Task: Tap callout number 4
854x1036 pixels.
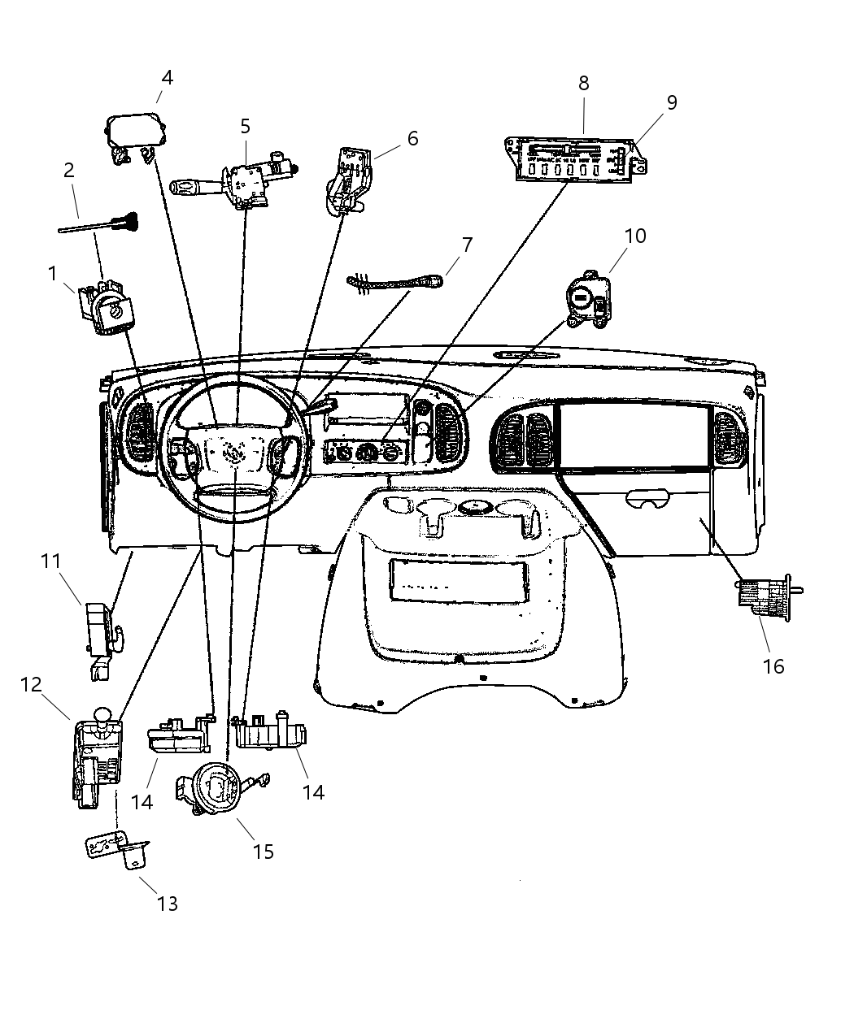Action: tap(167, 78)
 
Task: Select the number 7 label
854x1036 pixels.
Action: tap(467, 245)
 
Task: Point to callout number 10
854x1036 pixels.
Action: tap(635, 236)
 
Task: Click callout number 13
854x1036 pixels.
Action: tap(167, 903)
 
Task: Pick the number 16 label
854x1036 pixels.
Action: tap(773, 666)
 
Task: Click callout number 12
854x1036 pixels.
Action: tap(31, 684)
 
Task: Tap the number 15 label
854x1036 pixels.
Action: tap(263, 852)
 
